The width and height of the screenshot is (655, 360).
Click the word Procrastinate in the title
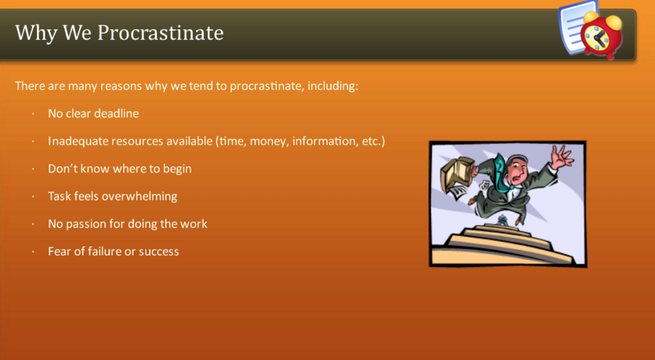[160, 33]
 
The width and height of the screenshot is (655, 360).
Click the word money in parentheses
[269, 141]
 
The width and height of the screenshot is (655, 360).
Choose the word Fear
[59, 252]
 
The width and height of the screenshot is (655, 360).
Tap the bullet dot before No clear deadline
[33, 114]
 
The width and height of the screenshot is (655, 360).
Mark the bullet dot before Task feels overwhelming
[33, 197]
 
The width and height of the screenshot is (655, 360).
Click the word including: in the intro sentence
[334, 86]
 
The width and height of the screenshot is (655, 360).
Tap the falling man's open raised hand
[561, 157]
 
